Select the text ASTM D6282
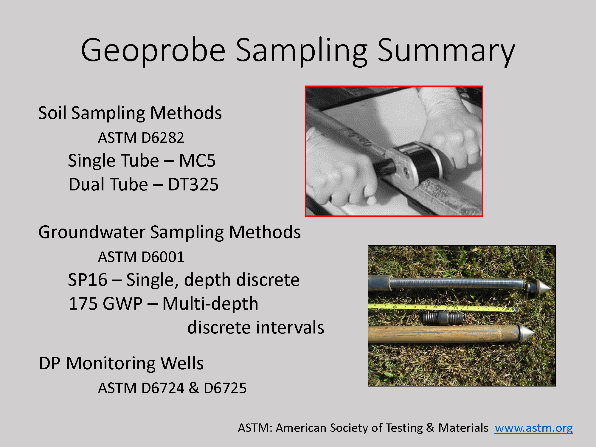pos(141,138)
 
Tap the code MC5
pos(197,161)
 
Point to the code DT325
pos(193,184)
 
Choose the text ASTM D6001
pos(141,257)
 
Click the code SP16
pos(88,280)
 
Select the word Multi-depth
pos(210,304)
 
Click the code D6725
pos(225,388)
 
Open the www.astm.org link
pos(534,428)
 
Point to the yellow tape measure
pos(442,308)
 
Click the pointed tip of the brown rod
pos(534,331)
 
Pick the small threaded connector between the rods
pos(443,318)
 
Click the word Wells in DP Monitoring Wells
pos(182,363)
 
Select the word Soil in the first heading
pos(52,113)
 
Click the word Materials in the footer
pos(463,428)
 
